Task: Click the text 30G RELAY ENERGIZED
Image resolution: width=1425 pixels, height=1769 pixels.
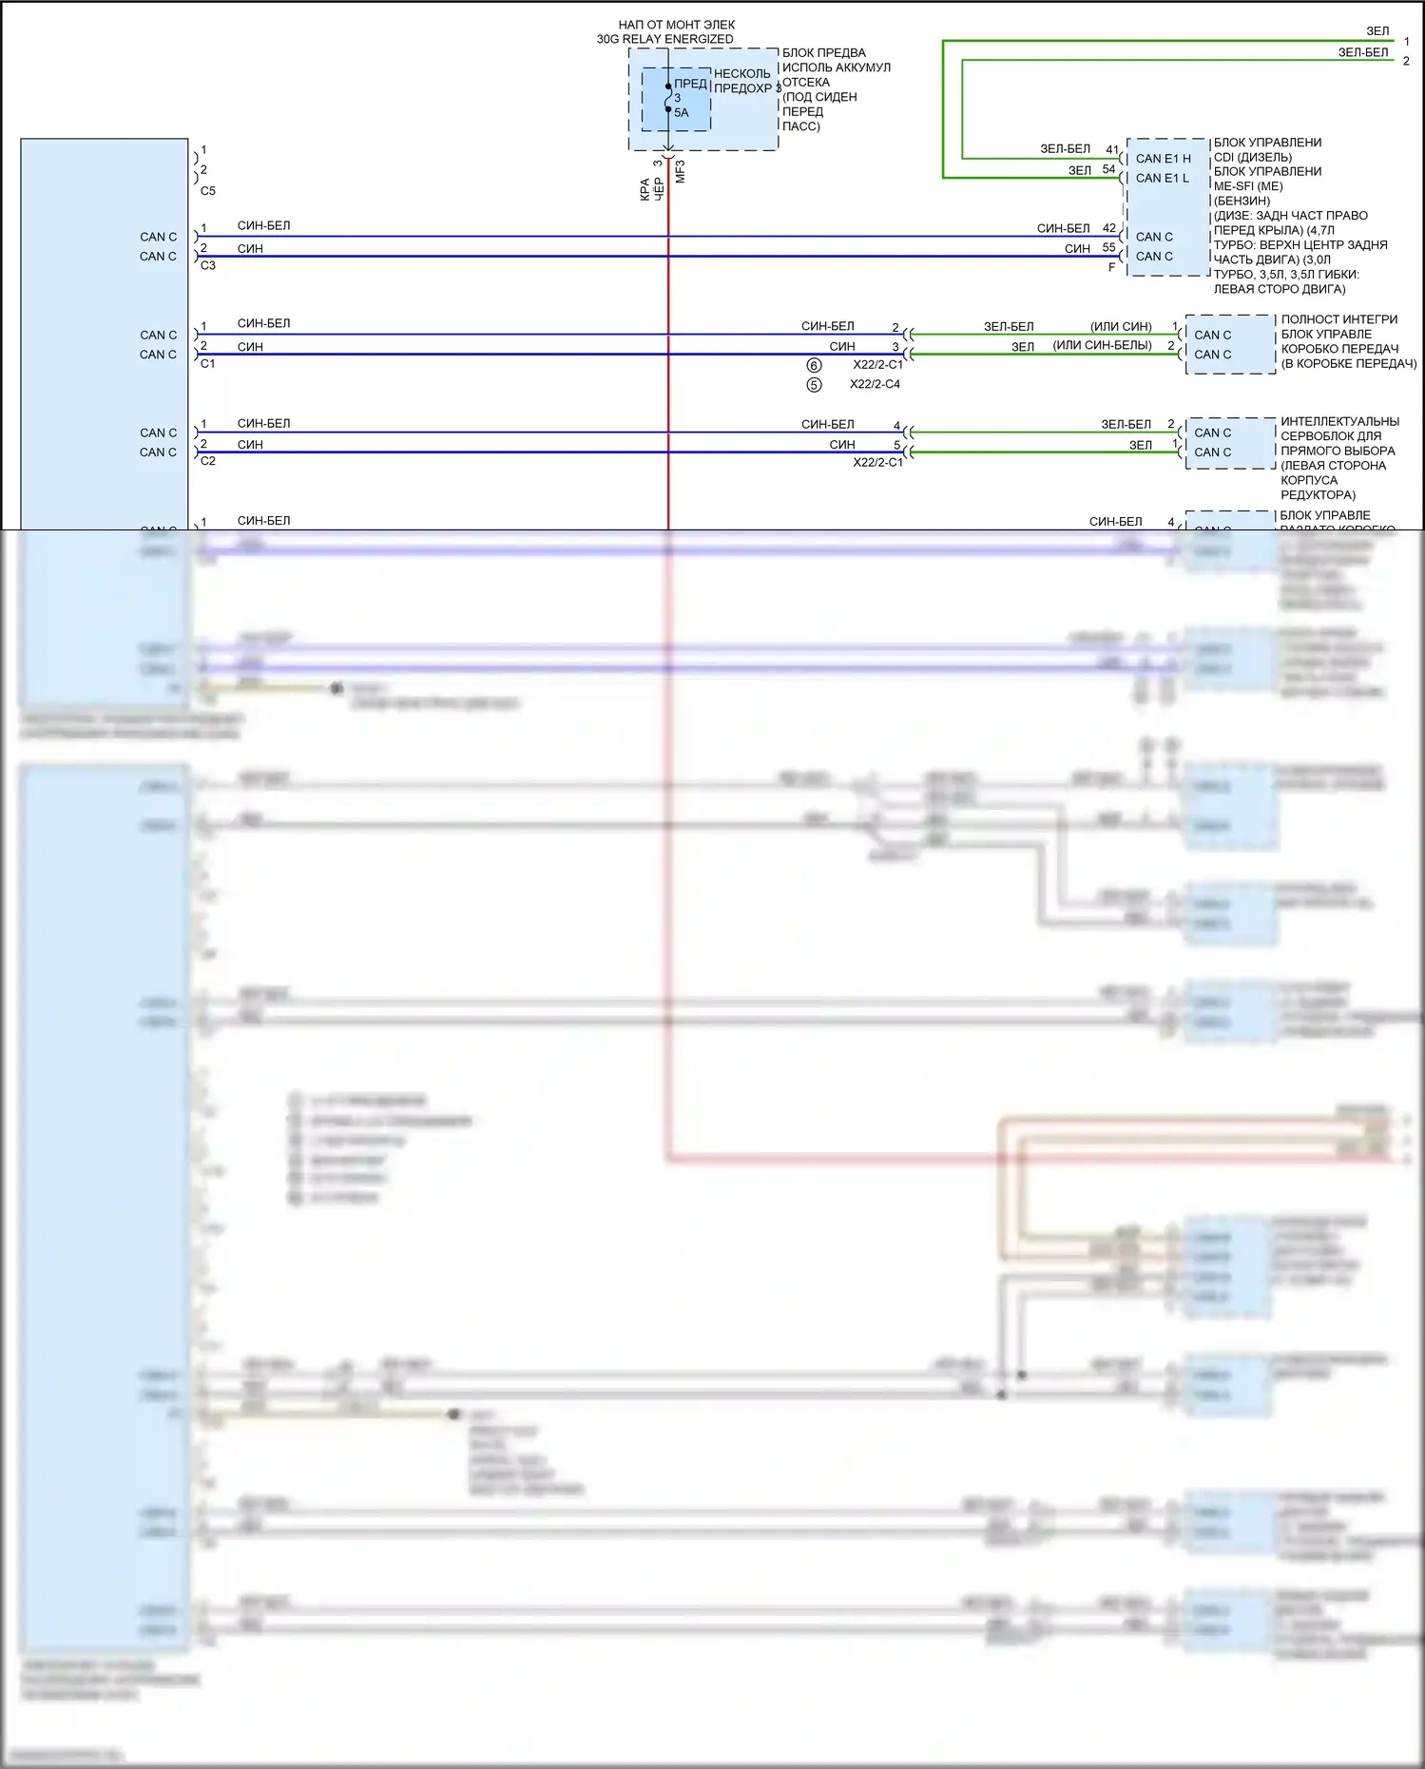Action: (664, 39)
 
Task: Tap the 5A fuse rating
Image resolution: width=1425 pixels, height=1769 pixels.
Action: (682, 112)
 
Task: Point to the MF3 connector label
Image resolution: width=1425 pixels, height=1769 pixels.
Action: (680, 172)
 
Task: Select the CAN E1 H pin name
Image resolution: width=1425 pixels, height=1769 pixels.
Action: (1163, 159)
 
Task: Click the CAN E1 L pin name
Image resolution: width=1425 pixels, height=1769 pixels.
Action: (1162, 178)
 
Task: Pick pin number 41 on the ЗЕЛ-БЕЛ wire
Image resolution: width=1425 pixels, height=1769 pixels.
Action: (1111, 149)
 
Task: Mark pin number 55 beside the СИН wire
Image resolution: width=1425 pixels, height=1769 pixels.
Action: (1108, 247)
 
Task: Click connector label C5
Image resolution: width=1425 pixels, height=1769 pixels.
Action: (208, 191)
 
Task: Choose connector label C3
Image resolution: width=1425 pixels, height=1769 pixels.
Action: (208, 265)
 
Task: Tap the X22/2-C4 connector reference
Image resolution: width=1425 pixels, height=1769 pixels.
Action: (875, 384)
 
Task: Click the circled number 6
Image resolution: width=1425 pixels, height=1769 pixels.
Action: (814, 365)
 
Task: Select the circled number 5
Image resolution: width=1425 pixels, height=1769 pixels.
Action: (814, 385)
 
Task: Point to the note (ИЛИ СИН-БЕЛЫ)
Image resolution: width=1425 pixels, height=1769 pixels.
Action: (1102, 345)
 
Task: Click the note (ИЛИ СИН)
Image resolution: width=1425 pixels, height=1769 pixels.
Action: (1121, 326)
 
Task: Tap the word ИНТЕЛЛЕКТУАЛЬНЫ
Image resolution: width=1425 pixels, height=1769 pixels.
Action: (1339, 421)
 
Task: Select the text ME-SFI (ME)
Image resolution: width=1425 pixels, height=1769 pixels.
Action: (1247, 186)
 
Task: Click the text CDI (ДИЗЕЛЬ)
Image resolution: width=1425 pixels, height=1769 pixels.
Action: (1252, 157)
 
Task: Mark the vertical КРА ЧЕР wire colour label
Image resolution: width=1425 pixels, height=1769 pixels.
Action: (651, 188)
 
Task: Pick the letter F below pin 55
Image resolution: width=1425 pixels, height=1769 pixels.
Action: (1111, 267)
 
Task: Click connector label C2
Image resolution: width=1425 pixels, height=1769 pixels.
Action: (208, 461)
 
